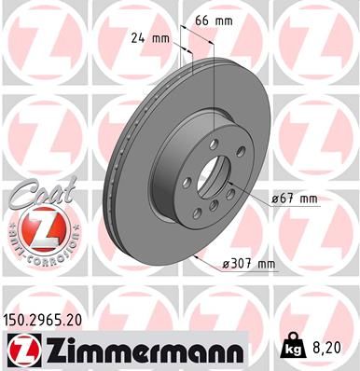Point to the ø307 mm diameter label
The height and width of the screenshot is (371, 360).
pyautogui.click(x=249, y=264)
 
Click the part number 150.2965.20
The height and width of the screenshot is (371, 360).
pyautogui.click(x=55, y=319)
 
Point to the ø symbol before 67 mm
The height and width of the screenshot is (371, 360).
pyautogui.click(x=276, y=199)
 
